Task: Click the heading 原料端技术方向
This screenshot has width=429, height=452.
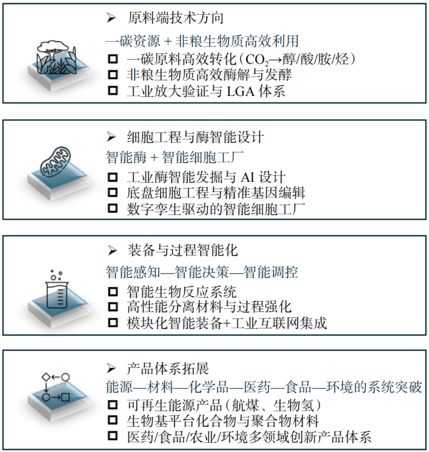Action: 175,18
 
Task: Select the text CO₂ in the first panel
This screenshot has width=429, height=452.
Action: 254,60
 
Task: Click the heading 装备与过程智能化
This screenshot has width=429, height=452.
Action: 182,250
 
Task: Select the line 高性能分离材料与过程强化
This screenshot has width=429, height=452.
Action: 209,307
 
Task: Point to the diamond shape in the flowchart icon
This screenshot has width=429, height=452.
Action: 46,376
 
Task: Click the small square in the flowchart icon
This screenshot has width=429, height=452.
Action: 66,396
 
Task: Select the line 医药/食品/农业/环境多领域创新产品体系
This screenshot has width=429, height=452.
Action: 249,437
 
